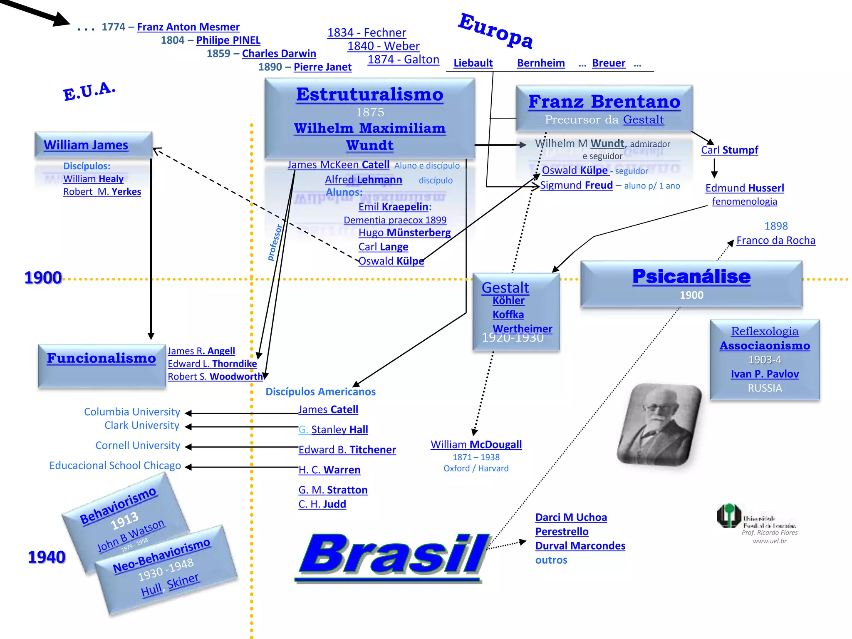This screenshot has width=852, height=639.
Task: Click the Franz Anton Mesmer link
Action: [188, 27]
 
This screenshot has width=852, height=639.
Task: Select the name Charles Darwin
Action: [279, 54]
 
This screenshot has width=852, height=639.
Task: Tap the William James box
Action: [94, 145]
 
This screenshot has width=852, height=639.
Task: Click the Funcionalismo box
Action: [102, 365]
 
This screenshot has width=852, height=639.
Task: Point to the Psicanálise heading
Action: [691, 277]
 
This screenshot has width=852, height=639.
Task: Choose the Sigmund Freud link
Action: [576, 185]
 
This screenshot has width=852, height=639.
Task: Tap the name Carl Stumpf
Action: [729, 150]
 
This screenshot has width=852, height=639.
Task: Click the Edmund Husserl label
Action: [744, 188]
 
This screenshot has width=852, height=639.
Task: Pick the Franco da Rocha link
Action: [775, 240]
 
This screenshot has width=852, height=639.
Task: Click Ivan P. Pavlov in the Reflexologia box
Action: [765, 374]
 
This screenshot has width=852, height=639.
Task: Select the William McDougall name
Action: [476, 445]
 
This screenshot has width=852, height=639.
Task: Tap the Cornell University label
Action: [138, 446]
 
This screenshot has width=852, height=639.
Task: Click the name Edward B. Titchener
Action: [347, 450]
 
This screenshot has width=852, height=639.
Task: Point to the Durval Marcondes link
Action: [580, 546]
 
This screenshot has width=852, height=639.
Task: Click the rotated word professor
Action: [274, 243]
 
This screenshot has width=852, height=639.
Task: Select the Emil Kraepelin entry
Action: [394, 207]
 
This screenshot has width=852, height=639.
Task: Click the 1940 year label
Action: [47, 557]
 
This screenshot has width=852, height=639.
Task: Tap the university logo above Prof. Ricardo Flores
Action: [729, 516]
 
